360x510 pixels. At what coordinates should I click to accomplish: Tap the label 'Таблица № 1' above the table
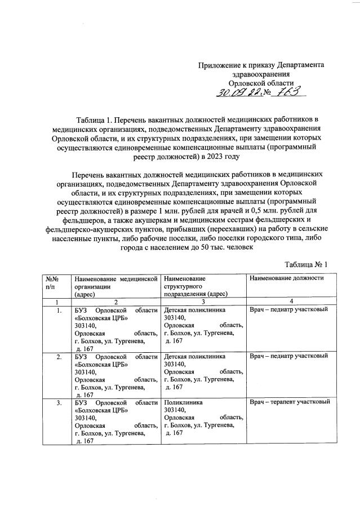pos(306,264)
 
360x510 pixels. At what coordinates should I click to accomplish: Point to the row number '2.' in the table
pos(59,357)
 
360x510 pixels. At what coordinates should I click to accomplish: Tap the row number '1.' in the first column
pos(59,309)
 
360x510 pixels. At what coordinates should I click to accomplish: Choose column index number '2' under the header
pos(115,301)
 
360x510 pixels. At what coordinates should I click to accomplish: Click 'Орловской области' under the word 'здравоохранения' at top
pos(261,83)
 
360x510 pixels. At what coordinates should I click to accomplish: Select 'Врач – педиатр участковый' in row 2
pos(288,357)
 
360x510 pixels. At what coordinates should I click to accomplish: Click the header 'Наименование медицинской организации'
pos(115,282)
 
